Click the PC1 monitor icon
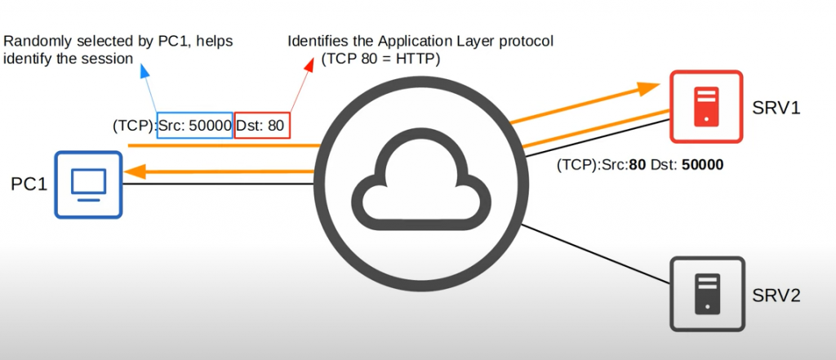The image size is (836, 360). [x=88, y=184]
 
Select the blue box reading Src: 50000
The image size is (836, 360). [x=195, y=126]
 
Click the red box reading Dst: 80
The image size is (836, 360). [x=262, y=126]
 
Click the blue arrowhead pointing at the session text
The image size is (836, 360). [x=145, y=72]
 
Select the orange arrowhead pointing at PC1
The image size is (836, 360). [x=133, y=172]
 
